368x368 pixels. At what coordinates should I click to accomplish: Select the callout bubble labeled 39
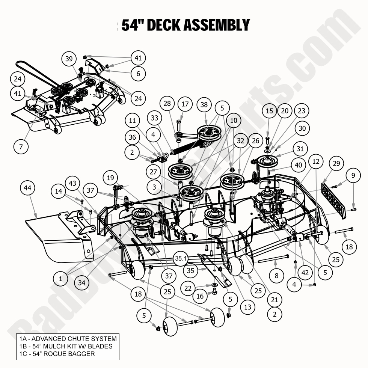(69, 59)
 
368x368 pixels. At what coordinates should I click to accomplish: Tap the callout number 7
(21, 146)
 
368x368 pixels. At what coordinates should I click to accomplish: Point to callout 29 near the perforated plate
(336, 163)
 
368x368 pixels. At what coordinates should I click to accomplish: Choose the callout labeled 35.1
(181, 258)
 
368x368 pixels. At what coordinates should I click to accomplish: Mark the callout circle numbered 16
(200, 297)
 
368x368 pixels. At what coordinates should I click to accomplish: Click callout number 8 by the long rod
(277, 276)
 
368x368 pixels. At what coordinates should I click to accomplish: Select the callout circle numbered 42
(305, 273)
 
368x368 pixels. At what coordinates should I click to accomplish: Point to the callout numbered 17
(185, 104)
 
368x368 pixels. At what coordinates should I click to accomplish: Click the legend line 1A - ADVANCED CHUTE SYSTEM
(68, 339)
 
